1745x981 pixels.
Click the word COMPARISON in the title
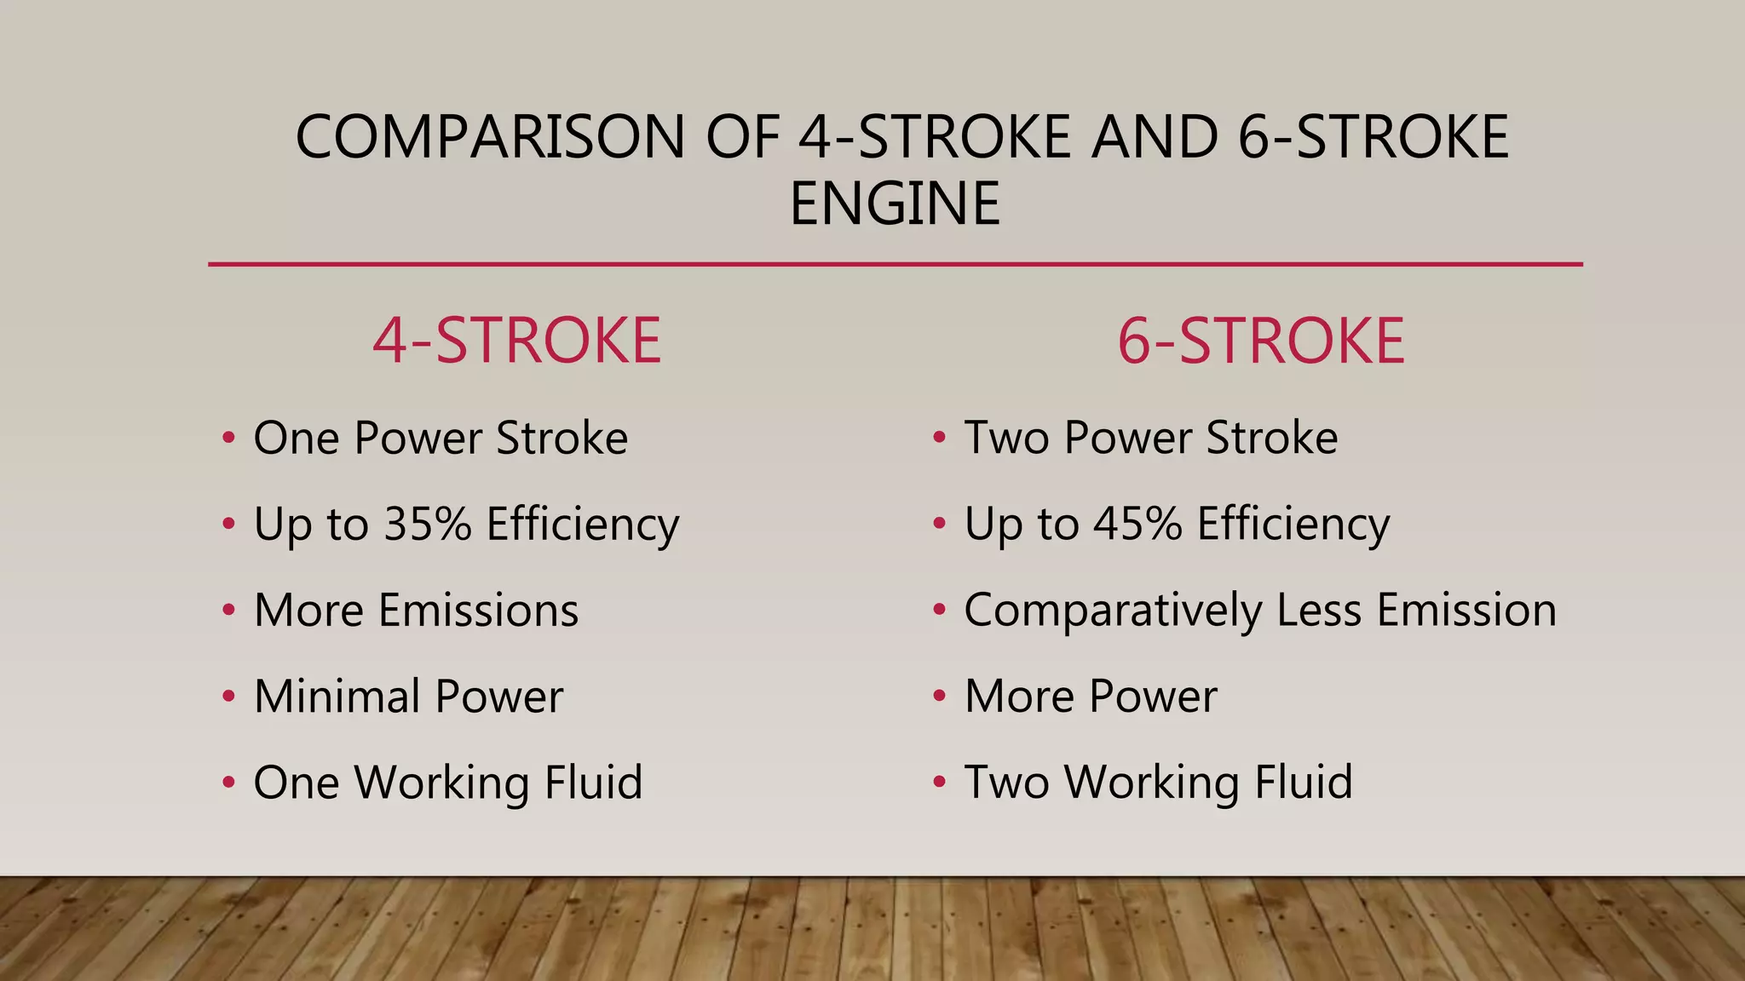click(490, 137)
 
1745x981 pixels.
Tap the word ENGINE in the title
click(895, 204)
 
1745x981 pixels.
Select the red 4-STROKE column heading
click(517, 341)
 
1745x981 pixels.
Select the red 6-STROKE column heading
click(1261, 341)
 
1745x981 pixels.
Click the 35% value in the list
click(428, 524)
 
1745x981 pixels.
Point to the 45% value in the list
click(1138, 524)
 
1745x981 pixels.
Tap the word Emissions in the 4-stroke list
click(479, 611)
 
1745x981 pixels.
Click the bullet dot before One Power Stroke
click(228, 439)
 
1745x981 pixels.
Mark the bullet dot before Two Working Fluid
click(939, 782)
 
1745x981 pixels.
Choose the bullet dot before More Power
click(939, 697)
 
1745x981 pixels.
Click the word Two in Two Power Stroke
click(1006, 439)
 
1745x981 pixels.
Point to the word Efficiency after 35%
click(583, 525)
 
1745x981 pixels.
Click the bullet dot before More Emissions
click(228, 611)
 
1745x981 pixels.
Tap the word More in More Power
click(1020, 697)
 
